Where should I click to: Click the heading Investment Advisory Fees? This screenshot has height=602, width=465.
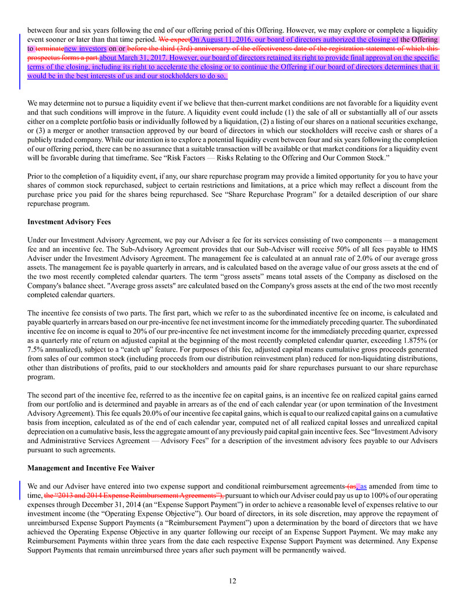coord(69,222)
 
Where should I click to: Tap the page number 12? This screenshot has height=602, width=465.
coord(232,580)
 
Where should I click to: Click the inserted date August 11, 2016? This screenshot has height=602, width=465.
coord(222,40)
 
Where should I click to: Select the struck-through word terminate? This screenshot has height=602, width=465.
coord(49,49)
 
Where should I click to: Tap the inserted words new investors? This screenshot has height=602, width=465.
coord(86,49)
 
